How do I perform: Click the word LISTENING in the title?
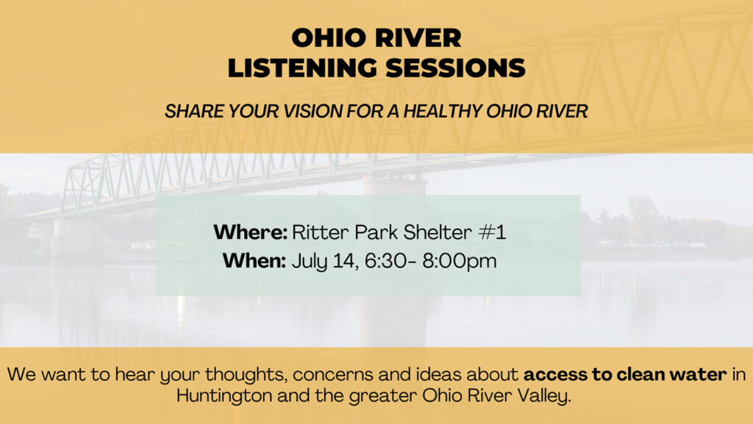coord(302,68)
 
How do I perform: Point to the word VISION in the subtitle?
coord(313,111)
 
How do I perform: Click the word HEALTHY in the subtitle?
coord(443,111)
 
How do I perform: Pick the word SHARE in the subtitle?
coord(194,111)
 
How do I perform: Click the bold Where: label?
coord(250,233)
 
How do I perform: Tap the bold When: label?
coord(254,262)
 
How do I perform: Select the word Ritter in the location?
coord(321,233)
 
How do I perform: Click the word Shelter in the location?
coord(438,233)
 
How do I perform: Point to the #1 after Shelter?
coord(492,233)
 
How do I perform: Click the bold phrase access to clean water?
coord(625,374)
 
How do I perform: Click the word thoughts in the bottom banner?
coord(246,375)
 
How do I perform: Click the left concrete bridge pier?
coord(77,242)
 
